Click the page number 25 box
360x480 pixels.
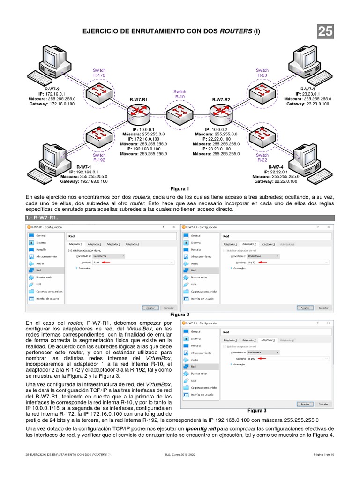(x=325, y=31)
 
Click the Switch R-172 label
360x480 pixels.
(x=99, y=73)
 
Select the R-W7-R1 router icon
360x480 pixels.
(x=138, y=112)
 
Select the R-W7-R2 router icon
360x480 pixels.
(x=220, y=112)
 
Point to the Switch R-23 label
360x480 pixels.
(x=262, y=73)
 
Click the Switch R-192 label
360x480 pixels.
(x=99, y=157)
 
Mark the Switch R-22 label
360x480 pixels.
(x=262, y=157)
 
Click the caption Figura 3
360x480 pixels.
(x=257, y=410)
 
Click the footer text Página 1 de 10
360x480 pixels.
(x=324, y=455)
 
